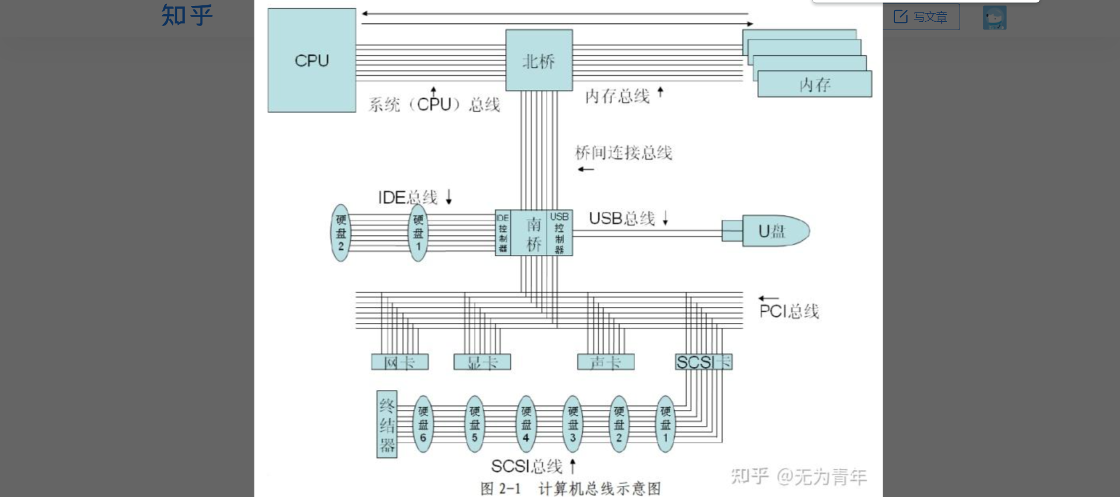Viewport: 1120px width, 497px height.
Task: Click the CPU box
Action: tap(311, 60)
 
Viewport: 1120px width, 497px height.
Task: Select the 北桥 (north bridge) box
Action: tap(539, 60)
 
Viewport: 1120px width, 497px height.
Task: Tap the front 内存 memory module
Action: tap(815, 85)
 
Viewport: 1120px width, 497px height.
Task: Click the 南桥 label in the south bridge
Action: tap(534, 233)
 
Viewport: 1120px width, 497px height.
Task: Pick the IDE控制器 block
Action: tap(503, 233)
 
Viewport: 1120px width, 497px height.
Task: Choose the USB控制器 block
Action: tap(559, 233)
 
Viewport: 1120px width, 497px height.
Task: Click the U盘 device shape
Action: tap(773, 231)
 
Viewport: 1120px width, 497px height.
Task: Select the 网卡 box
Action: tap(400, 362)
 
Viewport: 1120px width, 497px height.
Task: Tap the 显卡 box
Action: tap(482, 362)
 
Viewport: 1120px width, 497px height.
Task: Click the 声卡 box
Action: tap(606, 362)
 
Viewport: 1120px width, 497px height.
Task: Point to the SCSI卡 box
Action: tap(704, 362)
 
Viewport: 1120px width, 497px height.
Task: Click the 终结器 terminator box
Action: tap(387, 424)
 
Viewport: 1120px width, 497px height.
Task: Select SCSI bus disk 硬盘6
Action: tap(423, 424)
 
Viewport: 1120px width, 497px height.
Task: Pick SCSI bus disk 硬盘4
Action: tap(526, 424)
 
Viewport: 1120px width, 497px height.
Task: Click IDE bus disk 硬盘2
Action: tap(340, 233)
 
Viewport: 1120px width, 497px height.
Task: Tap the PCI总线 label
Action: tap(788, 311)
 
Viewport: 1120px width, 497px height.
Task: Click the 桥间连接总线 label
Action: tap(623, 153)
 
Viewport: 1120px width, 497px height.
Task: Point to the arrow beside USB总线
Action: tap(665, 218)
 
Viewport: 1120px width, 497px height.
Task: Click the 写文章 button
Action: tap(921, 17)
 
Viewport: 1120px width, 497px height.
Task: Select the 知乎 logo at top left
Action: tap(186, 15)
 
